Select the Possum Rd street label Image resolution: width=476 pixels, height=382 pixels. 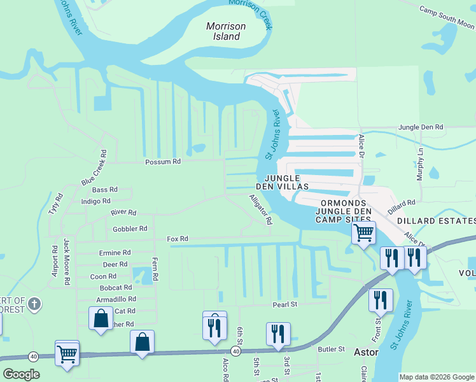(163, 162)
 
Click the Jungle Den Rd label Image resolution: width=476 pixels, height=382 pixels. (420, 127)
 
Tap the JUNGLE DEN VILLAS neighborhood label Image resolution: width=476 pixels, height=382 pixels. (282, 182)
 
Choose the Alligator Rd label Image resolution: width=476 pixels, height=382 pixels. (260, 210)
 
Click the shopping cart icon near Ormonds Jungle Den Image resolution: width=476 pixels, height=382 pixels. (363, 232)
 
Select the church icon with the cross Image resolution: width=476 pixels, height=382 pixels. (34, 304)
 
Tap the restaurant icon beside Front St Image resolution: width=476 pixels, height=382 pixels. (381, 299)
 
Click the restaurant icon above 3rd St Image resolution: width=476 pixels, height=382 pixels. (278, 333)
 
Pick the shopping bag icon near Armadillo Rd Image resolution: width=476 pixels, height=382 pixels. (101, 318)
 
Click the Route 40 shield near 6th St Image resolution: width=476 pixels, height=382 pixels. (235, 351)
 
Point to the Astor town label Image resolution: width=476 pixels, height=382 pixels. (367, 352)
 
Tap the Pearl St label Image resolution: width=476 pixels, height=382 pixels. (285, 305)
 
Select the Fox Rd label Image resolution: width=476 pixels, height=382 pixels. (178, 239)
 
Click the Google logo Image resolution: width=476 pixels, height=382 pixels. (20, 374)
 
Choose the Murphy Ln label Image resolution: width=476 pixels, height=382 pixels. (420, 165)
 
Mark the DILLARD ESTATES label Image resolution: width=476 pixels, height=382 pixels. (436, 221)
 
